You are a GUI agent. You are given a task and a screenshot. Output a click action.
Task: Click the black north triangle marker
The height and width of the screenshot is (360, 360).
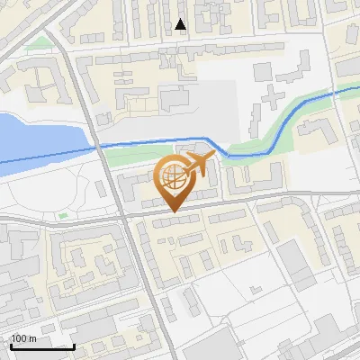click(x=181, y=25)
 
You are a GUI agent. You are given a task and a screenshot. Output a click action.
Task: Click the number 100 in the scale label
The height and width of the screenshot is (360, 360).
click(x=19, y=338)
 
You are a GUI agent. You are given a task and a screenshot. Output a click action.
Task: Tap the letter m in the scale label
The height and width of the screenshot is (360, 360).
click(x=32, y=338)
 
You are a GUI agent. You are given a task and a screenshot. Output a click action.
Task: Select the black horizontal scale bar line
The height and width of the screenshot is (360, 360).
click(x=42, y=346)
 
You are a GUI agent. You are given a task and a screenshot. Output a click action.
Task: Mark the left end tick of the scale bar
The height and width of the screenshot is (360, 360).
click(x=11, y=345)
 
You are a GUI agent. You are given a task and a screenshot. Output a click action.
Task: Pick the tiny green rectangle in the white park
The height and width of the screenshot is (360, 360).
click(x=62, y=216)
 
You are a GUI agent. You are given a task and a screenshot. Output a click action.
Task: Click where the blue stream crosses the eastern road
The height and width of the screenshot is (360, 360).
click(x=334, y=92)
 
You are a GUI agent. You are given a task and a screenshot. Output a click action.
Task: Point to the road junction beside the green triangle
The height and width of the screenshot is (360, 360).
click(x=59, y=36)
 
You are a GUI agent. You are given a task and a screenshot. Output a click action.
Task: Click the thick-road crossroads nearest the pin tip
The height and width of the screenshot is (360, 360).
click(x=123, y=216)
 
